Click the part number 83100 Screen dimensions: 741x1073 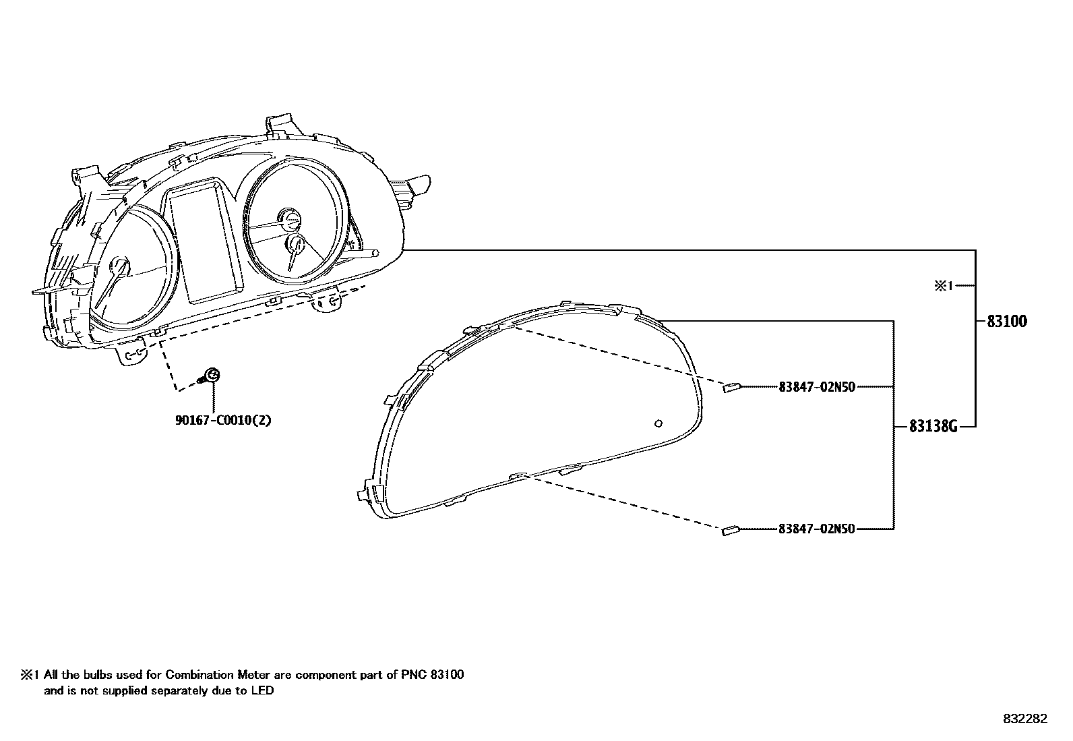(1007, 322)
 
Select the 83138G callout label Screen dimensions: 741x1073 (933, 426)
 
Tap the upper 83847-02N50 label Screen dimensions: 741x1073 (816, 387)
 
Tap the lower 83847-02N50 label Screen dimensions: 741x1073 (816, 529)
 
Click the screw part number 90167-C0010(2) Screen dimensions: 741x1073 (223, 420)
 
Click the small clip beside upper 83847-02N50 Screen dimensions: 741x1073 (732, 388)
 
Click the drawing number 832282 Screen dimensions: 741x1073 (1025, 719)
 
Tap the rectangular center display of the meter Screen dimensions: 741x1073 (204, 243)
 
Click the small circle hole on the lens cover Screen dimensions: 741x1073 (658, 423)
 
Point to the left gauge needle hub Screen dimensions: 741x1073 (121, 266)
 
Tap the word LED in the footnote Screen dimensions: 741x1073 (264, 690)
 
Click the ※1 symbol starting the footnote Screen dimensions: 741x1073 (30, 674)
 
